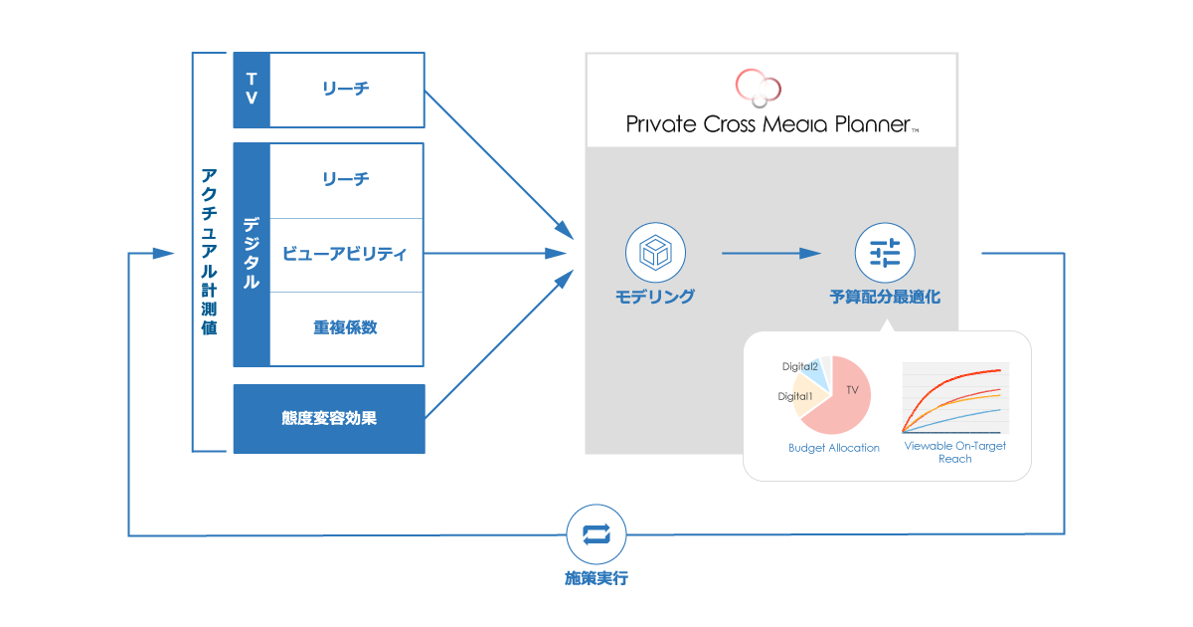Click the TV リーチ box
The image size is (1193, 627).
coord(346,90)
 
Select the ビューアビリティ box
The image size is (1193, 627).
coord(346,254)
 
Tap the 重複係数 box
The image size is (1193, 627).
coord(346,327)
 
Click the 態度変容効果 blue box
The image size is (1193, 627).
coord(329,418)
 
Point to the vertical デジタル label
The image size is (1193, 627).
coord(252,254)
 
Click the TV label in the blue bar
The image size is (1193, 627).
coord(252,90)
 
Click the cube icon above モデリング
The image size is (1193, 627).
coord(654,252)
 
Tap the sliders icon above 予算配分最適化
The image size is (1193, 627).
coord(885,252)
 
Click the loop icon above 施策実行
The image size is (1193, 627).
coord(596,534)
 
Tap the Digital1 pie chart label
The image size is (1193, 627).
coord(795,396)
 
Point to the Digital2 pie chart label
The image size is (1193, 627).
coord(800,366)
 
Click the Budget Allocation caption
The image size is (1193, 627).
coord(833,448)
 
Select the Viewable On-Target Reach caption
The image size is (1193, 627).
coord(954,452)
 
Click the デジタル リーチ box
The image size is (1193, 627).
coord(346,179)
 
